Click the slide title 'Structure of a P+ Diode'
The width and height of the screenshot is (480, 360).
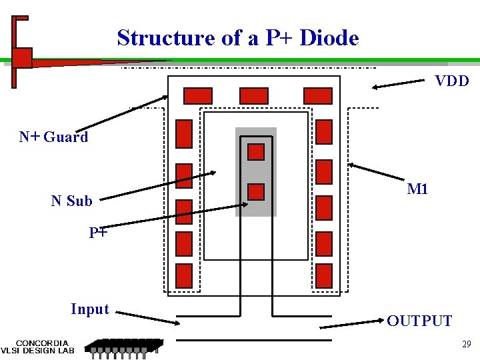(238, 38)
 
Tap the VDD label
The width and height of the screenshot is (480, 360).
(452, 81)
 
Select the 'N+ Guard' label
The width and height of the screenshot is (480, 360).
(54, 137)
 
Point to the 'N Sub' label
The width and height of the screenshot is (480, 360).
(71, 201)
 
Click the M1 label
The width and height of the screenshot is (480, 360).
(417, 189)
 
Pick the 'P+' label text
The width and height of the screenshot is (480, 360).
(98, 233)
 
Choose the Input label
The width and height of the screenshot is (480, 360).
(89, 309)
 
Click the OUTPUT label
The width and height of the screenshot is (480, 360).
(419, 321)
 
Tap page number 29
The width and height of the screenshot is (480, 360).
(466, 345)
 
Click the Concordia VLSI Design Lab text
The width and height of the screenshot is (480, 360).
(41, 345)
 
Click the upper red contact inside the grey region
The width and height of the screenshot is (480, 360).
(256, 152)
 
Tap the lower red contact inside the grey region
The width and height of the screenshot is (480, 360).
(256, 192)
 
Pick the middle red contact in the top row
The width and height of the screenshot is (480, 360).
(253, 96)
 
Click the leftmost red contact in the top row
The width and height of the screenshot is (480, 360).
(197, 96)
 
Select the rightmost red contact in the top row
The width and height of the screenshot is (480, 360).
(318, 96)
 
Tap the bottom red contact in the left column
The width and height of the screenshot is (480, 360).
(184, 276)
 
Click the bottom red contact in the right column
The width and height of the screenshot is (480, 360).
(324, 276)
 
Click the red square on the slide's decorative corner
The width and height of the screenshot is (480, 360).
(22, 58)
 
